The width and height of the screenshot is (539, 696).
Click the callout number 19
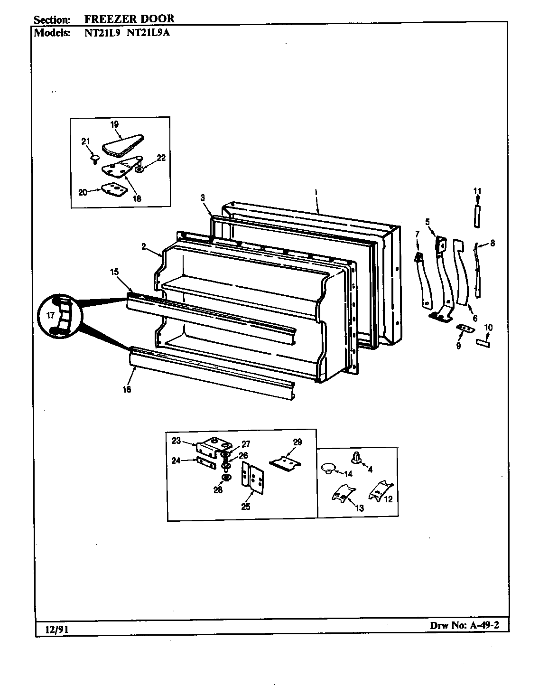coord(114,125)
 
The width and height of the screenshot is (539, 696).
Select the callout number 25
coord(245,507)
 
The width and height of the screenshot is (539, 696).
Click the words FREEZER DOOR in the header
coord(129,19)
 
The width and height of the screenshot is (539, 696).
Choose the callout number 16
coord(127,389)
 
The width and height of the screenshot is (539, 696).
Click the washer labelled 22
coord(139,169)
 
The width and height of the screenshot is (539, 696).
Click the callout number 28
coord(218,490)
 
